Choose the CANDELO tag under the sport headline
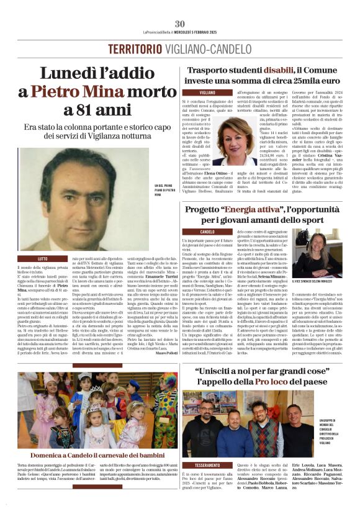[207, 232]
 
